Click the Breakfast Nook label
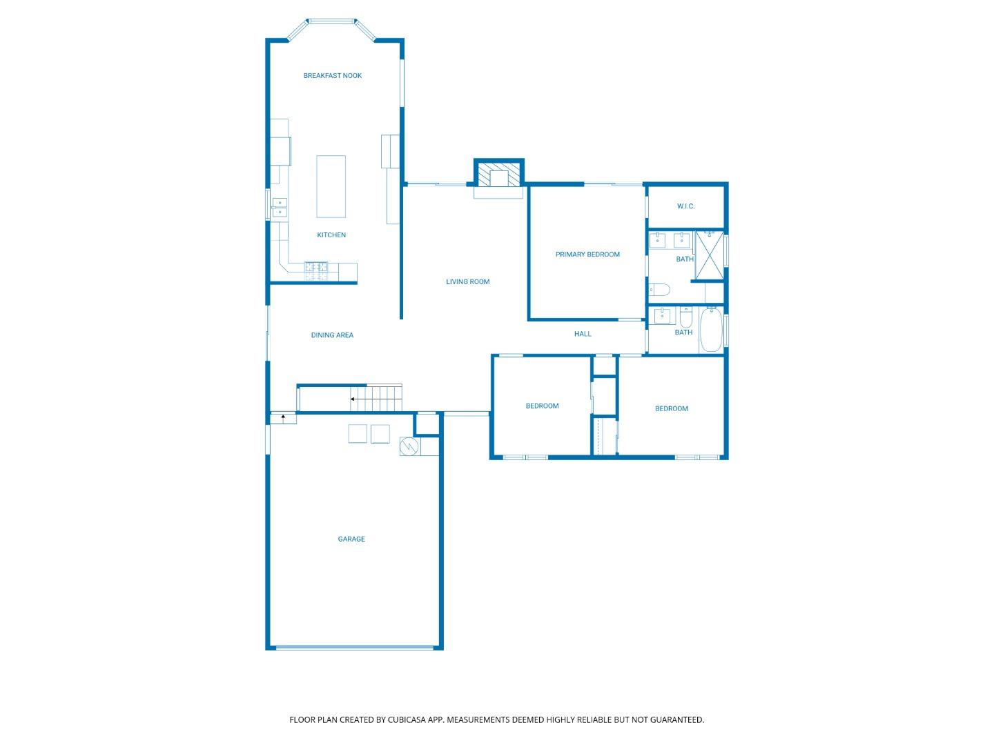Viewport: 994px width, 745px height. point(332,76)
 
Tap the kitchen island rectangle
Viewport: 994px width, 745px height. point(331,186)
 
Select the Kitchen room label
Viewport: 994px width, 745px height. point(331,235)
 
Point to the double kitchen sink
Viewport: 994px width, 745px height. point(280,208)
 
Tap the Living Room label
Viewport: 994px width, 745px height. point(467,281)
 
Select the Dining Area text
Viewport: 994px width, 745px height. point(332,335)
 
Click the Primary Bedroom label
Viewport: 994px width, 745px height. point(587,255)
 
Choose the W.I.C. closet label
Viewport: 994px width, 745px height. point(685,206)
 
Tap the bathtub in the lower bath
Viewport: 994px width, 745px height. point(711,330)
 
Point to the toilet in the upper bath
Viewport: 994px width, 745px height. point(659,290)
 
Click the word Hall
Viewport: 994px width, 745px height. point(583,334)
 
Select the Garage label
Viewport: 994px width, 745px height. point(351,539)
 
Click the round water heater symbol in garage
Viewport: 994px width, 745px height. point(409,447)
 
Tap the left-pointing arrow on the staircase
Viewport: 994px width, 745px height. point(353,399)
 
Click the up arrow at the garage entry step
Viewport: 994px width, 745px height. point(283,417)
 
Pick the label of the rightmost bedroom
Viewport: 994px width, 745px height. point(671,409)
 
